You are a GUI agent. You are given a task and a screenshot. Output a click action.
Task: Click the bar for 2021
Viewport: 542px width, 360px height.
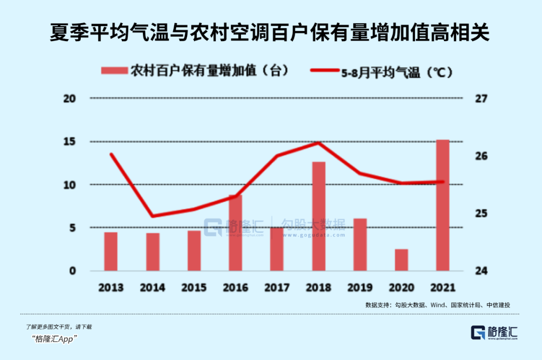(x=442, y=205)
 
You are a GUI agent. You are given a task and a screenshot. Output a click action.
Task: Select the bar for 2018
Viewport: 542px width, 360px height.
(x=319, y=216)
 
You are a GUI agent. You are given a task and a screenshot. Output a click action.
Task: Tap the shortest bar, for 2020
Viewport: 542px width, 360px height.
(x=401, y=260)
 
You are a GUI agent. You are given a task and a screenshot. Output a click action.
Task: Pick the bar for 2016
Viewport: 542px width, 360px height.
(x=235, y=233)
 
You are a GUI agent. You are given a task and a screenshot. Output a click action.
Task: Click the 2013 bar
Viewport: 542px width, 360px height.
(x=111, y=251)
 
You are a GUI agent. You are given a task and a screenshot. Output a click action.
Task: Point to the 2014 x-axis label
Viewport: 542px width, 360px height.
(x=153, y=288)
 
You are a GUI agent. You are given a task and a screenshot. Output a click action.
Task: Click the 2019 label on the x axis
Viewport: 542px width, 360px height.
(x=360, y=288)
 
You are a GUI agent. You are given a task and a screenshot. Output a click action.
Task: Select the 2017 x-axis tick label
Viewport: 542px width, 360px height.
(x=277, y=288)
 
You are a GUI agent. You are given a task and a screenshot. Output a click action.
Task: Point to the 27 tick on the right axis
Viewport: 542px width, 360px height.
(x=481, y=99)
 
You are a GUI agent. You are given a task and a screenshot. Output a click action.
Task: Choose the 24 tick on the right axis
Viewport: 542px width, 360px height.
(x=481, y=271)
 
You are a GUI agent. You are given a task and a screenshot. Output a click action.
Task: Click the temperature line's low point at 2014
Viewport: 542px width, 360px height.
(x=153, y=216)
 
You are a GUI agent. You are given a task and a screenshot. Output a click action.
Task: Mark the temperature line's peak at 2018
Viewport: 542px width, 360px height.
(x=319, y=143)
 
